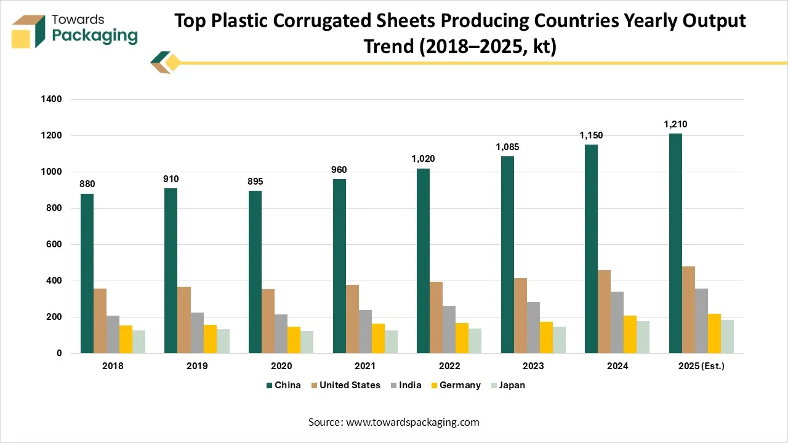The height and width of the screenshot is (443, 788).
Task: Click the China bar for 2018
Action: [x=87, y=274]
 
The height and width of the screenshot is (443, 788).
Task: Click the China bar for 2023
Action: [x=507, y=255]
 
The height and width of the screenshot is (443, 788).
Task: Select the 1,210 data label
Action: [x=675, y=124]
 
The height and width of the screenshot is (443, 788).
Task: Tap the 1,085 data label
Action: [x=507, y=147]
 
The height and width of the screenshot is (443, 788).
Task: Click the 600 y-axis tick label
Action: [x=55, y=245]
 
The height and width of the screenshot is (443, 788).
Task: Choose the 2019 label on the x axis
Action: [x=197, y=366]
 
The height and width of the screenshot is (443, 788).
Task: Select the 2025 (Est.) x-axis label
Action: [x=702, y=366]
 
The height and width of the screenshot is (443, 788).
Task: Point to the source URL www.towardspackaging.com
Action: [x=412, y=422]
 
